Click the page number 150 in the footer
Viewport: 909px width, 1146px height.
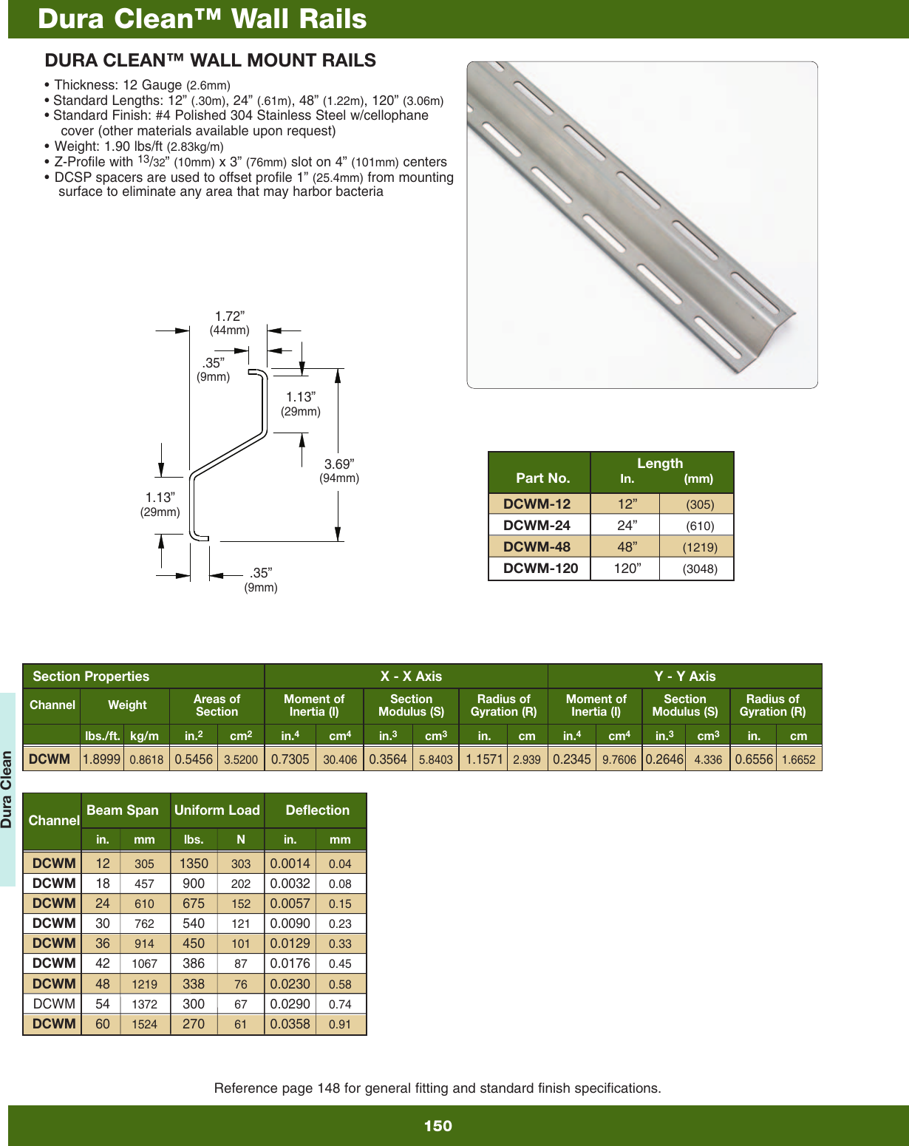pyautogui.click(x=438, y=1125)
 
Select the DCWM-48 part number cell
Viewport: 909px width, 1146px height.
pyautogui.click(x=537, y=546)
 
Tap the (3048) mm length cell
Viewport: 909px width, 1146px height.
pyautogui.click(x=699, y=569)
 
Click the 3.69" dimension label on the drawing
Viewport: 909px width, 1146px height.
pyautogui.click(x=338, y=464)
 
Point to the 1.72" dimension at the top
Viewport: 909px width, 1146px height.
pyautogui.click(x=229, y=316)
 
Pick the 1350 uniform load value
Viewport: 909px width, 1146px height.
pyautogui.click(x=194, y=863)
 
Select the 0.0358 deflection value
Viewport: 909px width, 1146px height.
pyautogui.click(x=290, y=1024)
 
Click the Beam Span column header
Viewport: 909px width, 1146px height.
pyautogui.click(x=123, y=810)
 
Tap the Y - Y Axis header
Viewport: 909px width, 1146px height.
pyautogui.click(x=684, y=676)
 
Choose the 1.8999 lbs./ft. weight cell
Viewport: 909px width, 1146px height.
pyautogui.click(x=101, y=759)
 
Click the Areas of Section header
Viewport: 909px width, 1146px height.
pyautogui.click(x=217, y=705)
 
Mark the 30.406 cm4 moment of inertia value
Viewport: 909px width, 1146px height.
pyautogui.click(x=340, y=759)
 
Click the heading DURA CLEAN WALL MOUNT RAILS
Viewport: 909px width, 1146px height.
pyautogui.click(x=211, y=61)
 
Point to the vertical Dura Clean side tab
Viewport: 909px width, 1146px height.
pyautogui.click(x=7, y=789)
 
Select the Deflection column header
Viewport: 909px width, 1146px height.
pyautogui.click(x=317, y=810)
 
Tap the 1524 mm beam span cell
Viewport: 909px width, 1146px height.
pyautogui.click(x=144, y=1024)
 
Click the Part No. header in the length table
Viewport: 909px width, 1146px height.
pyautogui.click(x=542, y=478)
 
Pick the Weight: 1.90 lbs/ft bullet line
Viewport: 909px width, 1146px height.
pyautogui.click(x=138, y=146)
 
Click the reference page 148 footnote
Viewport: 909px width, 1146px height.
pyautogui.click(x=438, y=1088)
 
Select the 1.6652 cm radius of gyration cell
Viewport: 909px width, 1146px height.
pyautogui.click(x=798, y=759)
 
